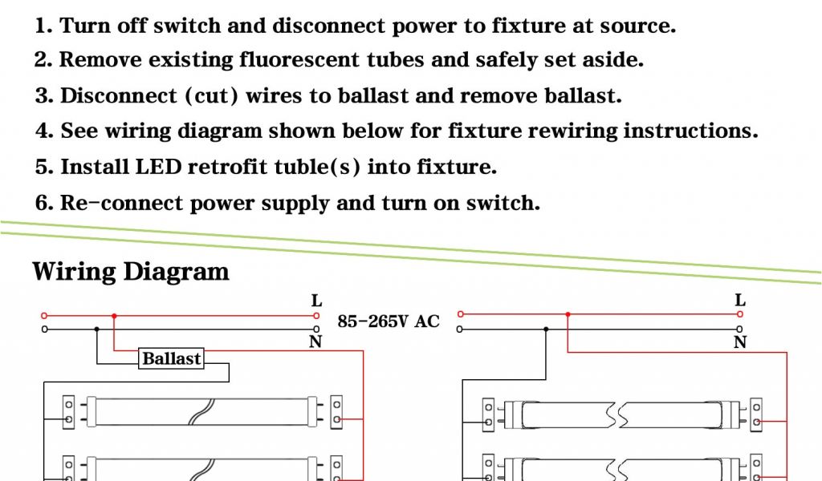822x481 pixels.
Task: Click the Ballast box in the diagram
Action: pos(171,358)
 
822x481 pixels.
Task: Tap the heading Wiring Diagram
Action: pos(131,271)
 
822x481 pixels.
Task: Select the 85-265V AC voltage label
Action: pos(389,321)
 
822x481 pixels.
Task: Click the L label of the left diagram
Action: pos(317,301)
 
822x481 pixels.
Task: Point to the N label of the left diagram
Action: pos(315,342)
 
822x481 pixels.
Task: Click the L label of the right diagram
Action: pos(740,301)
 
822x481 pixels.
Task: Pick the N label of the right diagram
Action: pos(740,342)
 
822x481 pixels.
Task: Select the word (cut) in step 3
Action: pos(212,96)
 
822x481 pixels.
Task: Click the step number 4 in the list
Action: pos(42,131)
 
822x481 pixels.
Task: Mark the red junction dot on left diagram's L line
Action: pos(114,316)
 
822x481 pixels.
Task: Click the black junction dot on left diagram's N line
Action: pos(97,329)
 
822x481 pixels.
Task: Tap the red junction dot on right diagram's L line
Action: pos(568,314)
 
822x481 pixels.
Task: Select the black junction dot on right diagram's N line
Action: pos(546,329)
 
